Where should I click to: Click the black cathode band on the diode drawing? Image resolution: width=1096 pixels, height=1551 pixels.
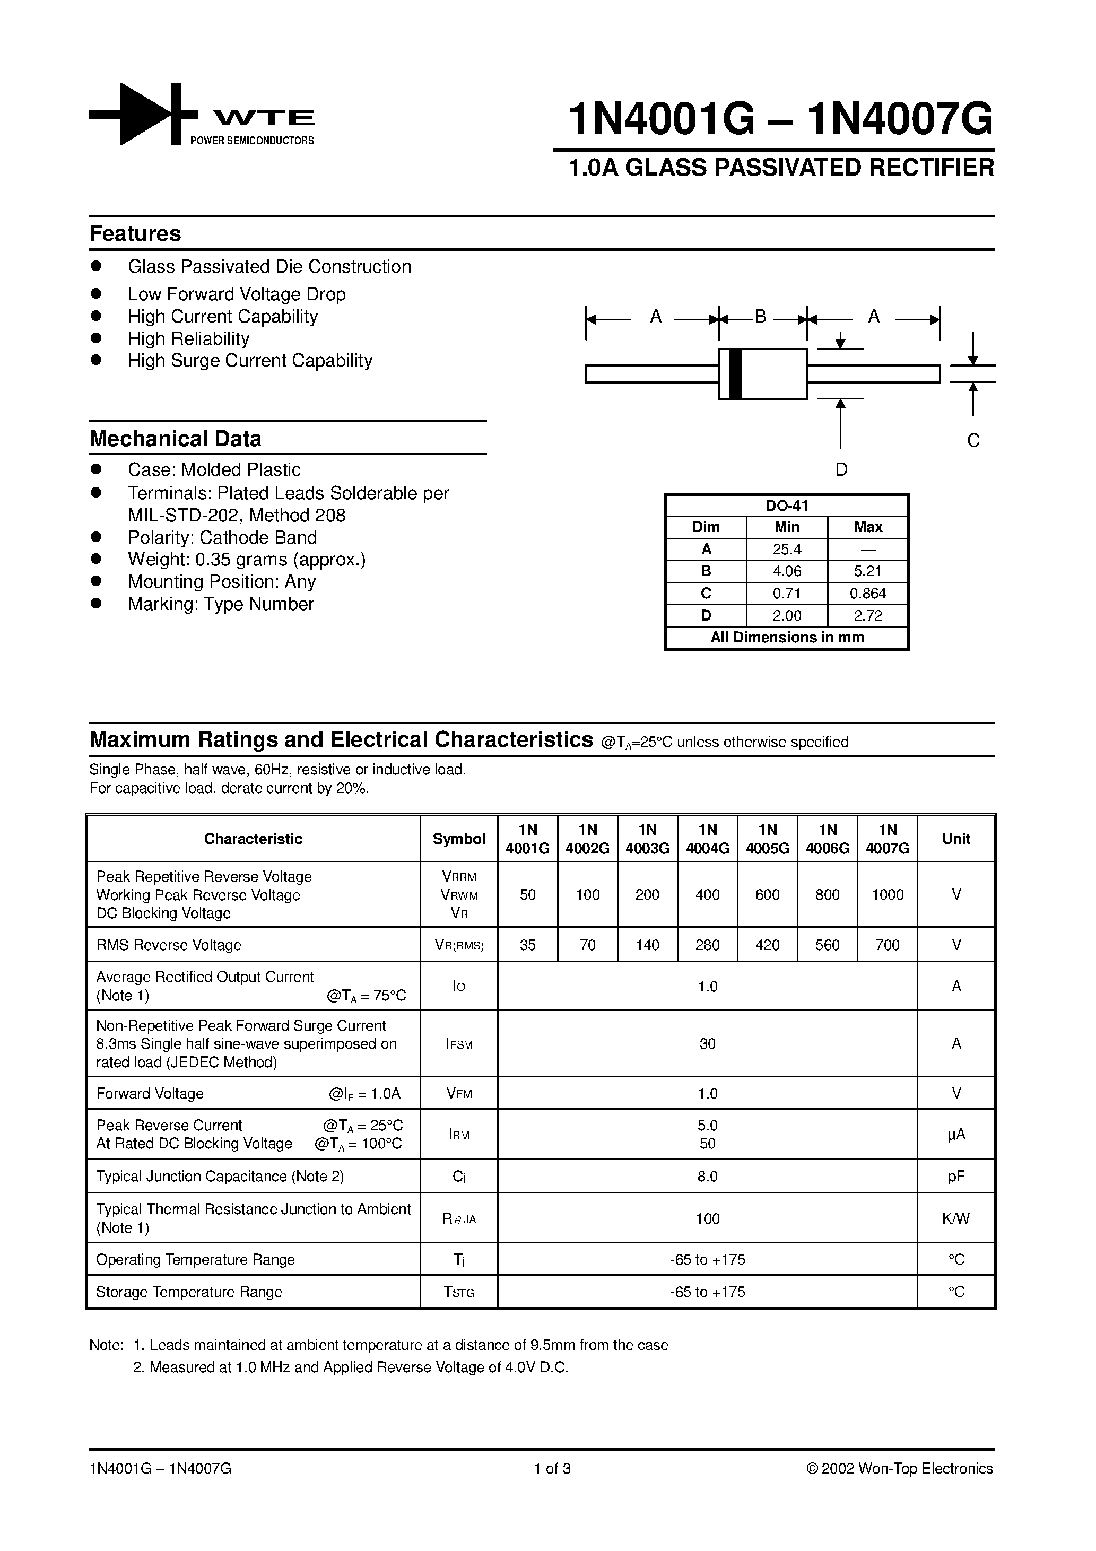coord(736,373)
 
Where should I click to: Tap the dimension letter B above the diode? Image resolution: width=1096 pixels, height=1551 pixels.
coord(760,316)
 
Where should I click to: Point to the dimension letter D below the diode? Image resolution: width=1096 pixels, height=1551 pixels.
coord(841,469)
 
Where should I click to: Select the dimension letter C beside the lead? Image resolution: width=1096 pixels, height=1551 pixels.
coord(973,440)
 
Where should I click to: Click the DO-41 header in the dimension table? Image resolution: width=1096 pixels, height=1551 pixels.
coord(787,506)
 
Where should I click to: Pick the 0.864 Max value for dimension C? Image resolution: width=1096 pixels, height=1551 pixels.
coord(867,594)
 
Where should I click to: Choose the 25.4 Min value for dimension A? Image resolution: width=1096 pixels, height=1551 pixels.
coord(787,549)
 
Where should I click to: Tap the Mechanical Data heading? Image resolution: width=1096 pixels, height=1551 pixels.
coord(175,439)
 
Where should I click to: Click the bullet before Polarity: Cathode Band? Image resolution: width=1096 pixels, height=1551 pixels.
coord(96,536)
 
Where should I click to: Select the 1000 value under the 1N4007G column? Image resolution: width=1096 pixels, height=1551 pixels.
coord(887,894)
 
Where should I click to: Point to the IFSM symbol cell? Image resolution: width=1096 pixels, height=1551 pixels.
coord(459,1044)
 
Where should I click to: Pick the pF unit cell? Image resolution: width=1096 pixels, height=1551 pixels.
coord(956,1176)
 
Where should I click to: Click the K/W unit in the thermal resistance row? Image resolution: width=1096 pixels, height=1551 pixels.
coord(956,1218)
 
